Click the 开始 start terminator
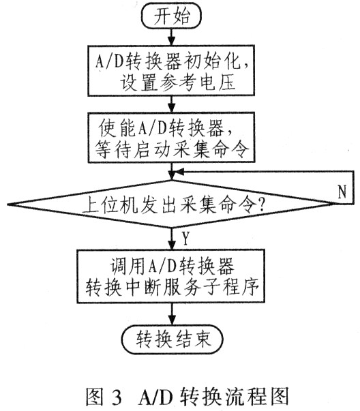point(172,16)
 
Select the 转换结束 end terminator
point(172,339)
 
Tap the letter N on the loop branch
point(342,192)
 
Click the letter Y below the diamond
point(185,238)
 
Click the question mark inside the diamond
point(260,206)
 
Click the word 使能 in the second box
point(117,128)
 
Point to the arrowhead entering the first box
point(172,42)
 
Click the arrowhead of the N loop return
point(179,172)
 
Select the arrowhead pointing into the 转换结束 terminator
point(172,320)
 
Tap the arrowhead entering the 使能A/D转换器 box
point(172,108)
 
